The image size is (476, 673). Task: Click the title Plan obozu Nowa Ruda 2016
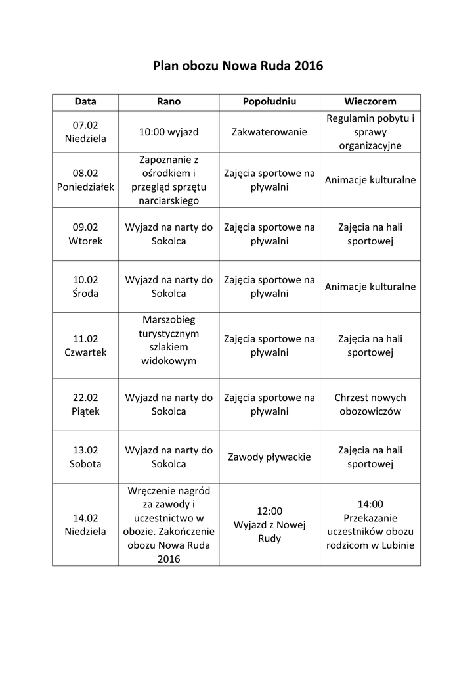(x=238, y=66)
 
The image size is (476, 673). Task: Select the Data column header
(x=85, y=102)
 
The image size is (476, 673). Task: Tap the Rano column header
(x=169, y=102)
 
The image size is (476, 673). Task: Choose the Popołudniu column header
(x=269, y=102)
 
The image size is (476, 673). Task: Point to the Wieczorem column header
(x=370, y=102)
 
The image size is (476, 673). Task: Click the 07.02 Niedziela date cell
(x=85, y=132)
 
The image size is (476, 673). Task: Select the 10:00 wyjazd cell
(x=169, y=132)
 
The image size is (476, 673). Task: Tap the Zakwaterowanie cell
(x=269, y=132)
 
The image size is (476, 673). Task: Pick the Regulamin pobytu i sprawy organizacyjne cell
(x=370, y=132)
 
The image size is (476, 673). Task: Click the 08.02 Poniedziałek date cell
(x=85, y=180)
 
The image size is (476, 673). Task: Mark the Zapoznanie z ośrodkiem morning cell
(x=169, y=180)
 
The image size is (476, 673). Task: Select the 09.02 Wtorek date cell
(x=85, y=234)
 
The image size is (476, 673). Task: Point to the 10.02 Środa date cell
(x=85, y=287)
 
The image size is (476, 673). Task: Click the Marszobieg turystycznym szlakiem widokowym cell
(x=169, y=340)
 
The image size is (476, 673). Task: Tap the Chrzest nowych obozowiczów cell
(x=370, y=405)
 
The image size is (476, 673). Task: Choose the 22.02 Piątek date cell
(x=85, y=405)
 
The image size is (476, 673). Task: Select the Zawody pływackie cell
(x=269, y=457)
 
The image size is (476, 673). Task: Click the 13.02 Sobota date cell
(x=85, y=457)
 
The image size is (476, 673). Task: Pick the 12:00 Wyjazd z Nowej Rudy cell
(x=269, y=524)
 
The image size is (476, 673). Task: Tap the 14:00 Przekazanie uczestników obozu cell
(x=370, y=524)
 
